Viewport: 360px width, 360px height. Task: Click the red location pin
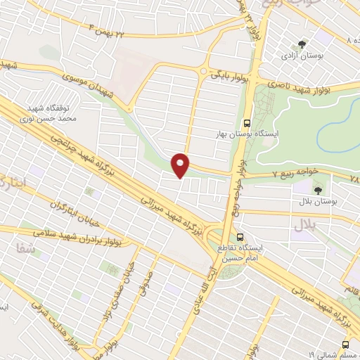[x=182, y=165]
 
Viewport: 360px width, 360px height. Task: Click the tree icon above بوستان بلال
[x=318, y=189]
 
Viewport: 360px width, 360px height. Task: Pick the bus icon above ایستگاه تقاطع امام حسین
[x=241, y=236]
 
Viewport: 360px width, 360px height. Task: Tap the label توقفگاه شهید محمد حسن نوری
[x=52, y=114]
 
